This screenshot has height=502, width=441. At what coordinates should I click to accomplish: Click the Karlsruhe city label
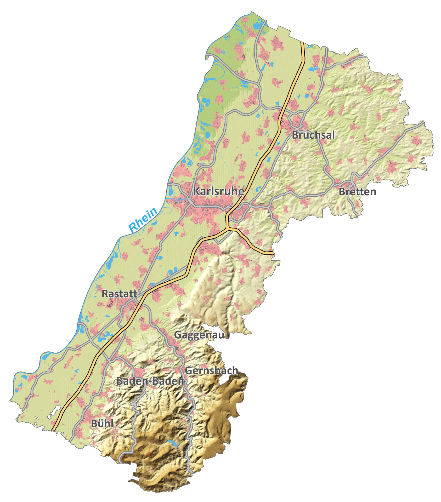(x=218, y=191)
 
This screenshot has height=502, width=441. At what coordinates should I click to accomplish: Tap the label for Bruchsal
(x=313, y=135)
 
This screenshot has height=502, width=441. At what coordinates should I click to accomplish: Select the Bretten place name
(x=357, y=192)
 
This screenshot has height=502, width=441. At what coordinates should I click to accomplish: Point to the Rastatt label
(x=119, y=294)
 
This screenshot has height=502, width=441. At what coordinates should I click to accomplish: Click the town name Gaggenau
(x=199, y=335)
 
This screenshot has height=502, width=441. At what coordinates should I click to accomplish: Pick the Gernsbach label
(x=211, y=371)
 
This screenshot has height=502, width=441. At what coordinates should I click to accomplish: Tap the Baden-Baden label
(x=150, y=381)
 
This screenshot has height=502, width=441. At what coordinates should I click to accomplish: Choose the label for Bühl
(x=102, y=424)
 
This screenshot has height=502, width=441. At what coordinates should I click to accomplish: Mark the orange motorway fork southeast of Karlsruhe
(x=228, y=229)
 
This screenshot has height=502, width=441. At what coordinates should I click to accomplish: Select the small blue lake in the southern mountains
(x=172, y=443)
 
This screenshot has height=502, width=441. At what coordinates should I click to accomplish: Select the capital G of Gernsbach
(x=189, y=371)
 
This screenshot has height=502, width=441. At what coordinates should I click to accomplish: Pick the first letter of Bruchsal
(x=295, y=135)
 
